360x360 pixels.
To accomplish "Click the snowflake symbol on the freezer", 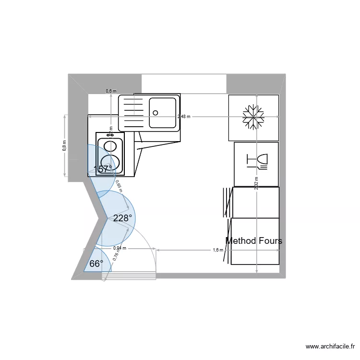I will coord(253,118).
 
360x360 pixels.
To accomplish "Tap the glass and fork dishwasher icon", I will coord(257,161).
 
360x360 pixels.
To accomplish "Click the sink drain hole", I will coord(156,113).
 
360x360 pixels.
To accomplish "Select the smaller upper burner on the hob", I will coord(110,145).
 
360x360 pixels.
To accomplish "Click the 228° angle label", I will coord(122,218).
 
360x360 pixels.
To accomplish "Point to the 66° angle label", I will coord(96,264).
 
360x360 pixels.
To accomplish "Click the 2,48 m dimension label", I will coord(184,116).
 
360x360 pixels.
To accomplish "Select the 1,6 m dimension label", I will coord(218,250).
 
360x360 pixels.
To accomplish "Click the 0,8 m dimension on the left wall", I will coord(64,145).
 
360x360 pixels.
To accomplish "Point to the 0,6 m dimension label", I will coord(111,91).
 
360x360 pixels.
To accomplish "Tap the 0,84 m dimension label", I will coord(120,248).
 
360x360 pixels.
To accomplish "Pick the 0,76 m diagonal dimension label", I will coord(116,254).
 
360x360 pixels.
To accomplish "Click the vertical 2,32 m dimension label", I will coord(257,183).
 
